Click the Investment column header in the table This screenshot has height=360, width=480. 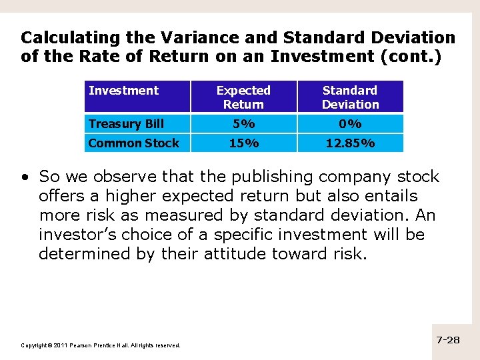(x=123, y=91)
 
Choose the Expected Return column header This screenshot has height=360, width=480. (x=243, y=97)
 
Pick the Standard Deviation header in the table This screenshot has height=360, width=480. (x=350, y=97)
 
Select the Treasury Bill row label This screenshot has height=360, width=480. (x=126, y=124)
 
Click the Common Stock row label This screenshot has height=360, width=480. (x=133, y=143)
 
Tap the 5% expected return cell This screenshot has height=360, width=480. (x=243, y=124)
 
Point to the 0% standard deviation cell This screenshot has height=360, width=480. (x=350, y=124)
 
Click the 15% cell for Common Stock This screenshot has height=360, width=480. (x=243, y=143)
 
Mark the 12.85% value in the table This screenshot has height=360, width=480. (x=350, y=143)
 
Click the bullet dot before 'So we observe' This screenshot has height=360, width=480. (x=25, y=177)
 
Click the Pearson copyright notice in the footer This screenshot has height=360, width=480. (x=101, y=345)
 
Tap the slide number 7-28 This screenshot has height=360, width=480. (x=448, y=340)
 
